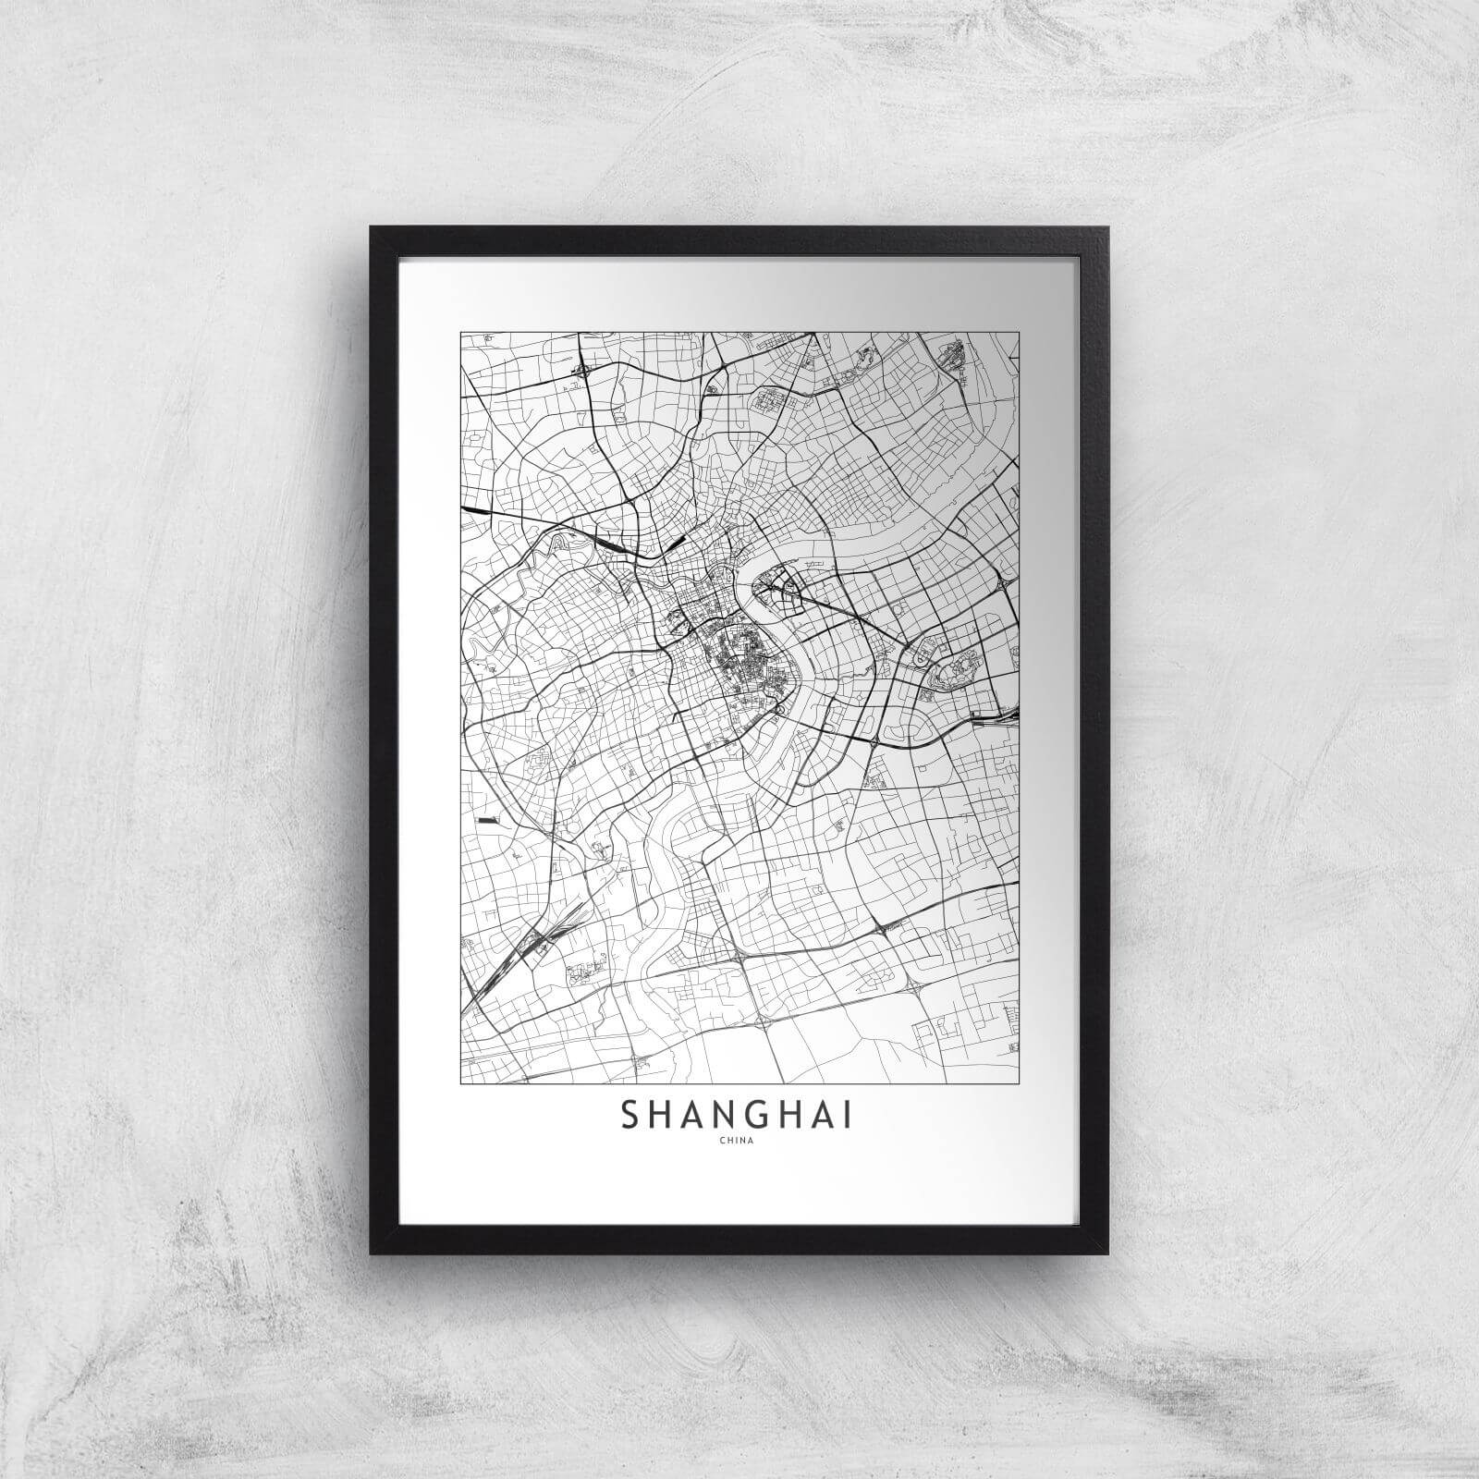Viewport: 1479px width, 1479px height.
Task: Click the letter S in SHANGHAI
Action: (630, 1115)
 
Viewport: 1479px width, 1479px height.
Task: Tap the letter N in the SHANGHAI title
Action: (704, 1115)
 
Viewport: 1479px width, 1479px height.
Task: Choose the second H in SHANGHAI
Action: (779, 1115)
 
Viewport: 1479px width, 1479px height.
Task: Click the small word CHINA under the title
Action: (739, 1143)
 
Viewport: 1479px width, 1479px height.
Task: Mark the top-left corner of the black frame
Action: (371, 227)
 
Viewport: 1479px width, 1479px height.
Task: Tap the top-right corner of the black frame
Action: (1107, 227)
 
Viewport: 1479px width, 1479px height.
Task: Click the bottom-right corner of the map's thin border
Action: (1019, 1081)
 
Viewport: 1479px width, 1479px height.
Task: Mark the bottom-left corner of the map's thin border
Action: (460, 1081)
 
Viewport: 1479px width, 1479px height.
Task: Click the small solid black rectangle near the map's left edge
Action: (486, 819)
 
